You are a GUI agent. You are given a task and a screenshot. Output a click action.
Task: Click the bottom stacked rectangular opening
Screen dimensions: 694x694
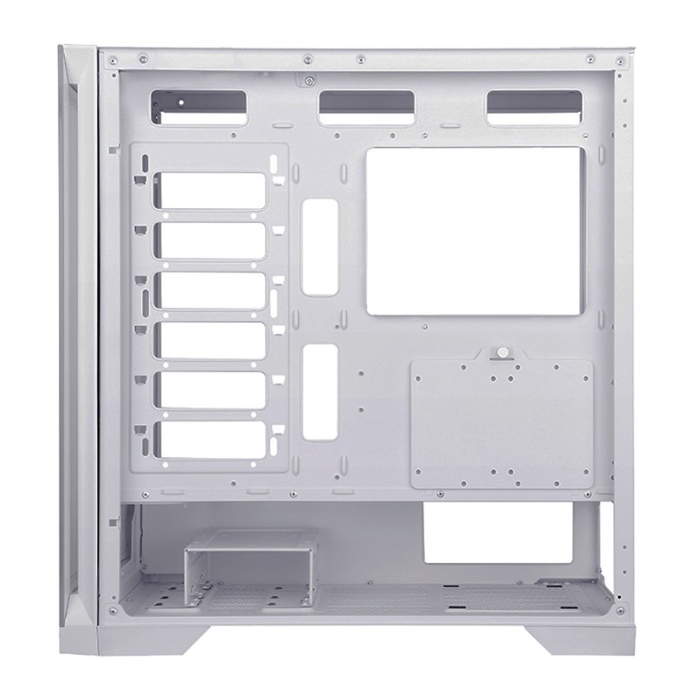(x=211, y=437)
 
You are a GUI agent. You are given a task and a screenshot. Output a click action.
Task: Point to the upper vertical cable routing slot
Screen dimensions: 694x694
(x=319, y=246)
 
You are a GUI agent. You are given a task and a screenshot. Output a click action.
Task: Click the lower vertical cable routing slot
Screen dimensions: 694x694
(x=319, y=390)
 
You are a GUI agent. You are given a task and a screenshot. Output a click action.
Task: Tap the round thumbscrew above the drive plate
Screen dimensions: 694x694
(x=501, y=354)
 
